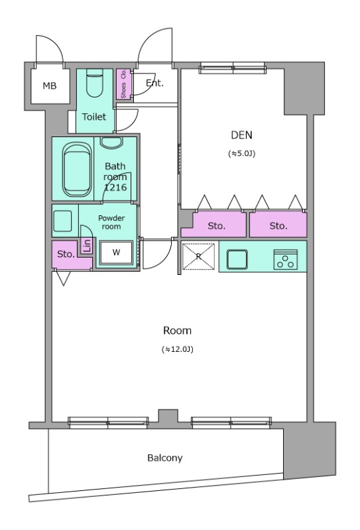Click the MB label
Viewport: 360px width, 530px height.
[50, 86]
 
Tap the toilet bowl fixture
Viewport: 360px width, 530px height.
[94, 83]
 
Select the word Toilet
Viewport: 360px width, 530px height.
[94, 117]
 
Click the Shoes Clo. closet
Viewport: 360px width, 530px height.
[123, 84]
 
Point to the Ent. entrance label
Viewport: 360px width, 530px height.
[154, 83]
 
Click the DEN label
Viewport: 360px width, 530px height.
[241, 135]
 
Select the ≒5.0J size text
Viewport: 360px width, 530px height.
[241, 154]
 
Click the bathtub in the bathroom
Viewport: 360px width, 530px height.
[77, 169]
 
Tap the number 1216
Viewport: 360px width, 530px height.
[115, 187]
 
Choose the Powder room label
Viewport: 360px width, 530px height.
[111, 223]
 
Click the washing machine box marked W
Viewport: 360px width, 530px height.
[116, 252]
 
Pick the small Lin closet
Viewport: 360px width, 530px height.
[88, 245]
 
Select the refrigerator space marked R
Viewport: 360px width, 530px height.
[199, 256]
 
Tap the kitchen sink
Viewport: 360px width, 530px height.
[237, 259]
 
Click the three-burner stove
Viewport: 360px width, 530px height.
[286, 260]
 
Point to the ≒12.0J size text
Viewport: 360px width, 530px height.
[178, 350]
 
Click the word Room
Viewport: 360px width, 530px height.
[177, 331]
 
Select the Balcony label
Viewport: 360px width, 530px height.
[165, 458]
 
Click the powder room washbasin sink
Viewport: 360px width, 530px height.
[62, 221]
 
